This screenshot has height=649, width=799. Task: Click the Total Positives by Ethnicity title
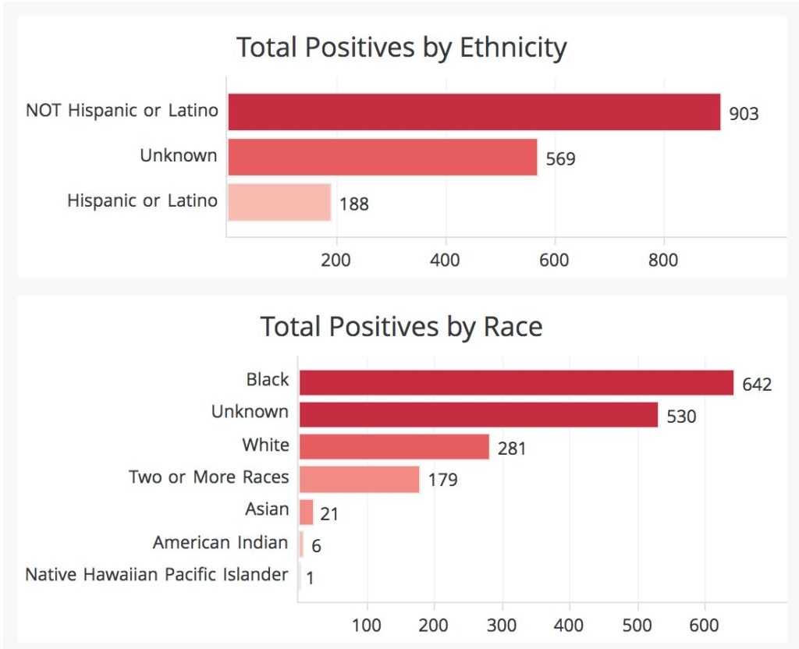tap(401, 48)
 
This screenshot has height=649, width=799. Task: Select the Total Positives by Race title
tap(401, 326)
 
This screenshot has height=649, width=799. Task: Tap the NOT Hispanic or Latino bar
tap(474, 112)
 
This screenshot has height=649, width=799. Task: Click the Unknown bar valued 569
tap(382, 157)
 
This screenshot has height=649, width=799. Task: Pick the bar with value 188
tap(279, 202)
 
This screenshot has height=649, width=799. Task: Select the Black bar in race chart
tap(517, 383)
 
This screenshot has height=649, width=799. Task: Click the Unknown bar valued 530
tap(478, 415)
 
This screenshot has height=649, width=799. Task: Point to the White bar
tap(394, 447)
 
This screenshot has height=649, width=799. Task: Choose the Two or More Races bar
tap(359, 479)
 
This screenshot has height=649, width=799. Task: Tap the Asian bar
tap(306, 512)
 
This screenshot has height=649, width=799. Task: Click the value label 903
tap(744, 114)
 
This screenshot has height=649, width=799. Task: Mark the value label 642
tap(757, 385)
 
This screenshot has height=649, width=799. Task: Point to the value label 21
tap(329, 514)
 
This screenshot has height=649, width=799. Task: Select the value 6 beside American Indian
tap(316, 546)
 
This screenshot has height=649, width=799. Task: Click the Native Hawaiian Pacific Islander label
tap(157, 575)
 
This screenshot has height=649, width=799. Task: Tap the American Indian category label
tap(221, 542)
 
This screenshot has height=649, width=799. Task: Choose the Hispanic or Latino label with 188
tap(142, 200)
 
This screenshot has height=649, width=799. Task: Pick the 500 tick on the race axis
tap(637, 625)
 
